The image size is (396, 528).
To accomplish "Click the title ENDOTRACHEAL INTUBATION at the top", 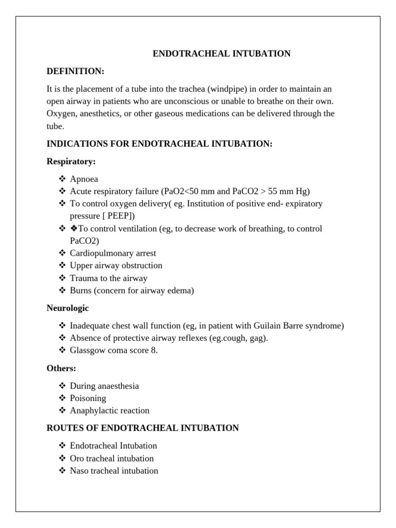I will [x=222, y=54].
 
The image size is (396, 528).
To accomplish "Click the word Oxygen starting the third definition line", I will [x=61, y=113].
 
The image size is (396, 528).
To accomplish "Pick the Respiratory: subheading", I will [x=71, y=161].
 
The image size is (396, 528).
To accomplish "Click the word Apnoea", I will [x=84, y=179].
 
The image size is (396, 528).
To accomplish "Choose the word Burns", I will [x=81, y=291].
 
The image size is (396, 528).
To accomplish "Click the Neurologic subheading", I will [x=68, y=308].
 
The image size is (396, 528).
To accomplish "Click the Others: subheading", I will [x=61, y=368].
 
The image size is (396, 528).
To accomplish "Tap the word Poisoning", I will [x=88, y=399].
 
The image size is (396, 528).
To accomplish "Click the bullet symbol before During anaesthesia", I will [x=62, y=386].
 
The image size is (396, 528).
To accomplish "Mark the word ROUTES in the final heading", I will [x=65, y=428].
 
